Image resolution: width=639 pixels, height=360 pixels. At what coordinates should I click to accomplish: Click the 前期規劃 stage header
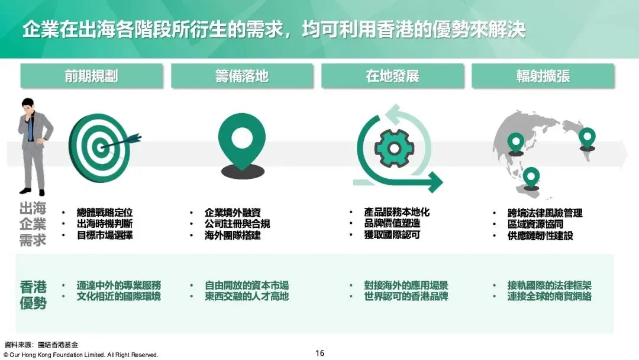[x=91, y=76]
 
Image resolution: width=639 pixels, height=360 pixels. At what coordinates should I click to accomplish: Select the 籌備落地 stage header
[x=241, y=76]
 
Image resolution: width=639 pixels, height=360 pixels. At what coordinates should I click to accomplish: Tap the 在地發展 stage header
[x=392, y=76]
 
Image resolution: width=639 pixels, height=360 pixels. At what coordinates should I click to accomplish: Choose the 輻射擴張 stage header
[x=543, y=76]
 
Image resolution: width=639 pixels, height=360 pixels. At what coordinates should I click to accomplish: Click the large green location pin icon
[x=241, y=140]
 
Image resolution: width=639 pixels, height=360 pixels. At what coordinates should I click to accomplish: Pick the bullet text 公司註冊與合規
[x=237, y=224]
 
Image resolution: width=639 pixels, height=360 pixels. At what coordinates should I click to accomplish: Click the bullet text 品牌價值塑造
[x=392, y=224]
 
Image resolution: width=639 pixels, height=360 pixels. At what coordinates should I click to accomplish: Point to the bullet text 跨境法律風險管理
[x=545, y=213]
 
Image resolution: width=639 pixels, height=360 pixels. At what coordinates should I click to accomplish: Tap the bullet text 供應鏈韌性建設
[x=540, y=235]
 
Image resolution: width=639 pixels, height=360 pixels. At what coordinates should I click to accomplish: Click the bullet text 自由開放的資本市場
[x=247, y=285]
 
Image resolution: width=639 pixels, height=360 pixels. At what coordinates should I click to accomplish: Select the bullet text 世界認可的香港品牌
[x=406, y=296]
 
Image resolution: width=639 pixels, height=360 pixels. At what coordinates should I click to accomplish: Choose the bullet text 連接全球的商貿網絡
[x=549, y=296]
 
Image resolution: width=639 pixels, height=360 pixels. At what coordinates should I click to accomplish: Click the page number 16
[x=319, y=353]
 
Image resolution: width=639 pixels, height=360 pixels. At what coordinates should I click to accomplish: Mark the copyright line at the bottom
[x=81, y=355]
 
